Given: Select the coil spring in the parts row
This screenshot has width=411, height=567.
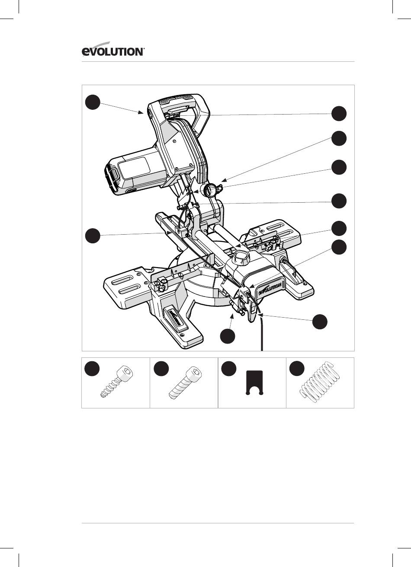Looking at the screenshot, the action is [x=320, y=382].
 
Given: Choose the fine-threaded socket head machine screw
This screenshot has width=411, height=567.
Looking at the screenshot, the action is [x=186, y=382].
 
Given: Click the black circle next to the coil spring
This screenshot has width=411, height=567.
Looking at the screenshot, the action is [x=297, y=369].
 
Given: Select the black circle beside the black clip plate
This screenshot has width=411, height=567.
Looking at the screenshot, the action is [x=229, y=369].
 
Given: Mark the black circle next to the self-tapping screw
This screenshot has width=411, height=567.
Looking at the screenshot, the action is [x=92, y=369].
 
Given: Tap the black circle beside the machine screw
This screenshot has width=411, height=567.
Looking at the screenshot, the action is [x=161, y=369].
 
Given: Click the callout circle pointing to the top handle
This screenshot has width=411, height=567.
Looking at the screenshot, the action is [x=93, y=102].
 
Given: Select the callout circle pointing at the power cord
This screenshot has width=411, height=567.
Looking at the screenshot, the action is [x=320, y=322].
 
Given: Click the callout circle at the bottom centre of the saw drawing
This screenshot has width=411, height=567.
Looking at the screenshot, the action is [x=228, y=336].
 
